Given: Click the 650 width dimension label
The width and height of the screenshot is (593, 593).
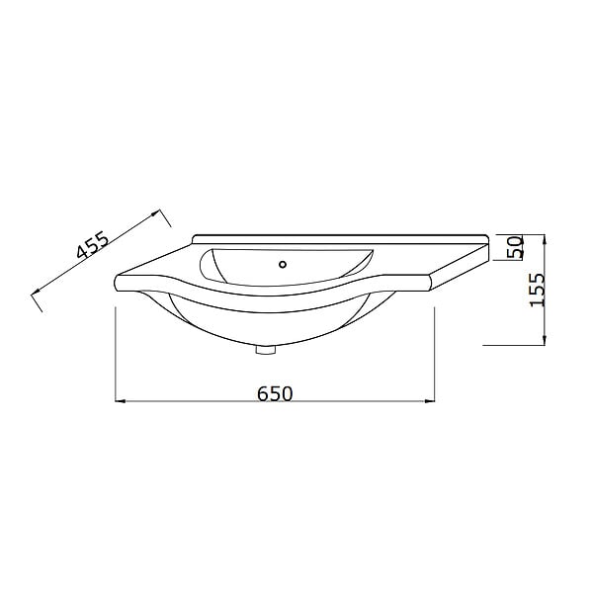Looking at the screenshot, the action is point(275,393).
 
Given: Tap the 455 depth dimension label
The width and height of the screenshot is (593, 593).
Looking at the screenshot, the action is point(92,245).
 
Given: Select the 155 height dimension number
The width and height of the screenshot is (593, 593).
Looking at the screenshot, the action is point(537,290).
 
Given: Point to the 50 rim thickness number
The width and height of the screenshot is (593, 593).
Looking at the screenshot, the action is point(516,247).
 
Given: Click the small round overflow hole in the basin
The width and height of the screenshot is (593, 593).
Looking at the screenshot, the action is point(283,264).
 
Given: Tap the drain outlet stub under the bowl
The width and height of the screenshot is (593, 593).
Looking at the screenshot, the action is point(266,350).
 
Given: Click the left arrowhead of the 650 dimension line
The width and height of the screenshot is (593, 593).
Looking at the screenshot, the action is point(120,401).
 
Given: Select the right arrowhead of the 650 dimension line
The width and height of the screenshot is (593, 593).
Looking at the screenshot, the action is point(430,401).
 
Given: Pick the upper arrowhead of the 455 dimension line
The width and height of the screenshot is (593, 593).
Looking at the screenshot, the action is point(156,212).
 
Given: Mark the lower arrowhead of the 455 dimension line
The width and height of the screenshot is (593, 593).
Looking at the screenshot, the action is point(37,292).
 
